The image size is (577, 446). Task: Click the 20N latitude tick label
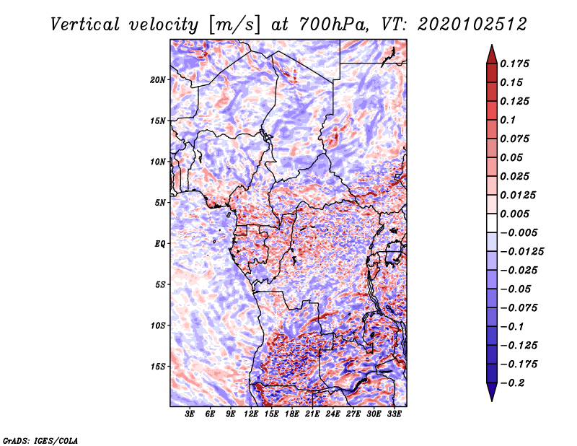pos(158,79)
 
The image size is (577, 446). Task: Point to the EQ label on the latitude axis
pos(160,243)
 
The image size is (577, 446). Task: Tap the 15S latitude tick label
pos(158,367)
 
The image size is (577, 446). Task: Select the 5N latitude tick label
pos(160,203)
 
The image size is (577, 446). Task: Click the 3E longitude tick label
pos(190,414)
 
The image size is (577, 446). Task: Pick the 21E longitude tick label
pos(312,414)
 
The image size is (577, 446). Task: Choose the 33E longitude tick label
pos(394,414)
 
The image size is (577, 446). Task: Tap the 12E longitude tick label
pos(250,414)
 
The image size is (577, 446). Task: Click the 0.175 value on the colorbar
pos(514,64)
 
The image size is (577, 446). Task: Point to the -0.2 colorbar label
pos(512,383)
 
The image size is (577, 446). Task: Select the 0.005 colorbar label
pos(514,214)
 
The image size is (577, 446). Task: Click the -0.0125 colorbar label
pos(521,252)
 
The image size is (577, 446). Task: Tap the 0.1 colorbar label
pos(508,120)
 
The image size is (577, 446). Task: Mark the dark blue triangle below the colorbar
pos(492,392)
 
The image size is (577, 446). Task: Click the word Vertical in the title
pos(85,25)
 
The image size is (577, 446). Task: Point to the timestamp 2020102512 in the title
pos(472,25)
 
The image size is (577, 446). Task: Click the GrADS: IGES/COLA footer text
pos(40,440)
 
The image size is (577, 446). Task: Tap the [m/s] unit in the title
pos(234,25)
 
